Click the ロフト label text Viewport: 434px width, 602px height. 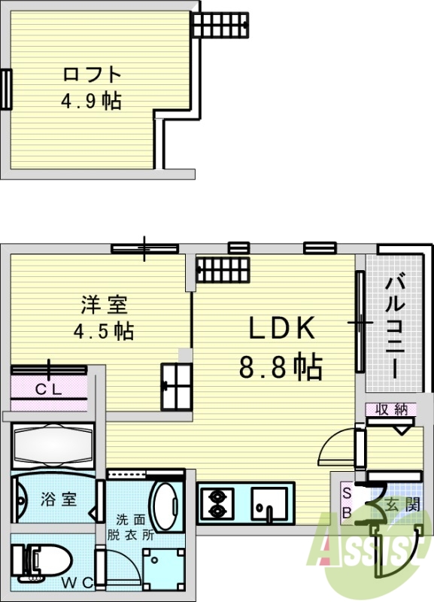(91, 74)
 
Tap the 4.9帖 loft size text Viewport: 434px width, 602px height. (91, 100)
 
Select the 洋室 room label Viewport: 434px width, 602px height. (105, 306)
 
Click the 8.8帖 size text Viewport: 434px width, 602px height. (281, 367)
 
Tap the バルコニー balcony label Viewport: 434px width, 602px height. (396, 327)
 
